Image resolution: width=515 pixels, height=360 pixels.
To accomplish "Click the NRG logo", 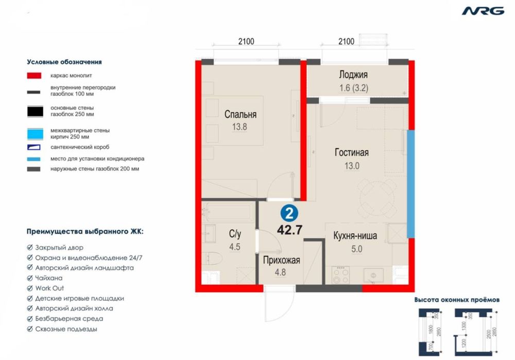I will (483, 11).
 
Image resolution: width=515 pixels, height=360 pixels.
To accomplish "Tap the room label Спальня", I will (240, 115).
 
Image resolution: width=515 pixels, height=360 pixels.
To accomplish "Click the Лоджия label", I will (354, 74).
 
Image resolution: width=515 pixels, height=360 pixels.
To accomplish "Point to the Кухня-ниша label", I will (355, 236).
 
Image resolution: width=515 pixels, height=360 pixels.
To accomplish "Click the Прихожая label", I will (281, 261).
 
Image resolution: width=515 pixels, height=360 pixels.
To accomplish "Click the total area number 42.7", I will (289, 230).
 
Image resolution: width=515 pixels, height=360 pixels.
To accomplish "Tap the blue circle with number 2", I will (289, 212).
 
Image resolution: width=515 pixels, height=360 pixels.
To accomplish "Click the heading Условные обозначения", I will (64, 62).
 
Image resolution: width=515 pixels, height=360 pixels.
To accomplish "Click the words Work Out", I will (50, 288).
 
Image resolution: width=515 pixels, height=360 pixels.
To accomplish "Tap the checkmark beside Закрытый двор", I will (30, 248).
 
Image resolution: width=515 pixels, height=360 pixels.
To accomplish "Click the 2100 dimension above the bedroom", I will (246, 42).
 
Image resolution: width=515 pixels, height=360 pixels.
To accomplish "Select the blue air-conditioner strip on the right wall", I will (410, 184).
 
